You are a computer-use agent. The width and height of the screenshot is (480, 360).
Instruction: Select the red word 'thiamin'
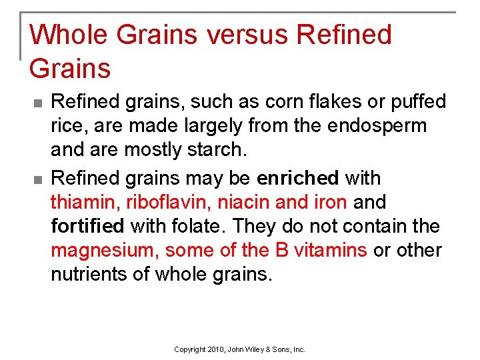coord(85,202)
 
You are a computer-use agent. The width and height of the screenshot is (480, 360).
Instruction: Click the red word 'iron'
coord(332,202)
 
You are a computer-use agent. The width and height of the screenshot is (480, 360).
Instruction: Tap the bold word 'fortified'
coord(87,226)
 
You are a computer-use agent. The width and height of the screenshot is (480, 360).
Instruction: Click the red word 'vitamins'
coord(331,250)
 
